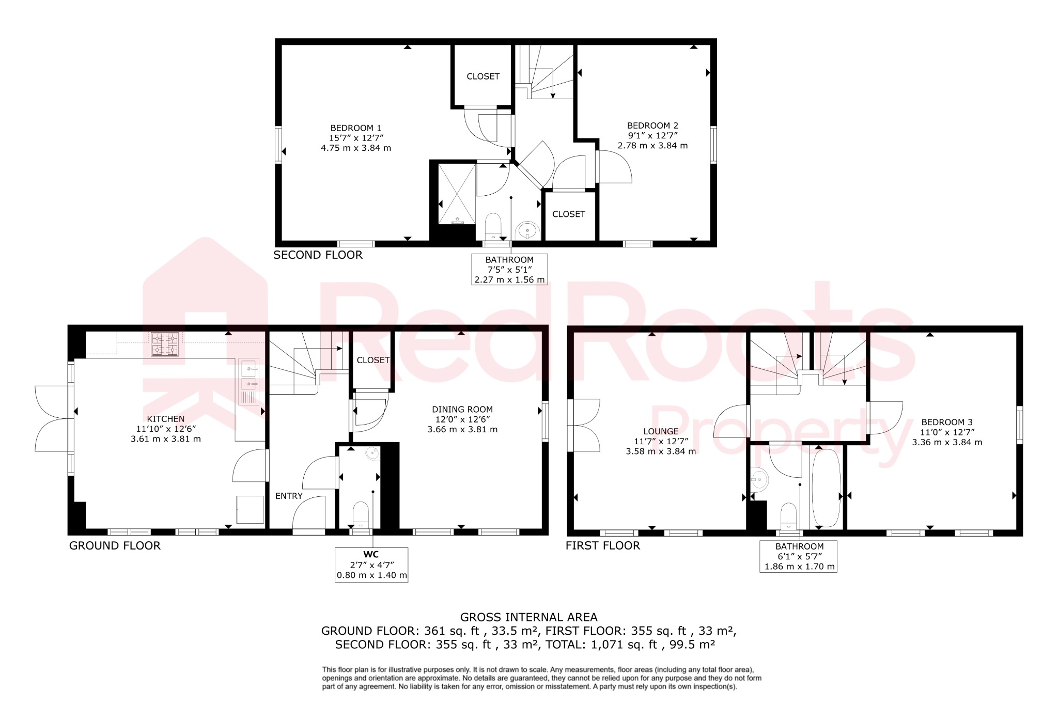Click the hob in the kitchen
[x=165, y=344]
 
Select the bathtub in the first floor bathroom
[x=826, y=488]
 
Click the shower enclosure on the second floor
[x=457, y=194]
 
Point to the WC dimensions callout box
[x=371, y=565]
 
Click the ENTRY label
[x=289, y=496]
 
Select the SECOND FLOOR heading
[x=318, y=255]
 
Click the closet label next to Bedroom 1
[x=483, y=76]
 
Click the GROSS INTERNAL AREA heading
[x=528, y=617]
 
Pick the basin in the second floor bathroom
[x=527, y=230]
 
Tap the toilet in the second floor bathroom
[x=493, y=227]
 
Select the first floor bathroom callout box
[x=799, y=556]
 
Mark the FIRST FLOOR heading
[x=602, y=545]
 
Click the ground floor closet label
[x=373, y=360]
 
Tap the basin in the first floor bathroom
[x=759, y=479]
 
